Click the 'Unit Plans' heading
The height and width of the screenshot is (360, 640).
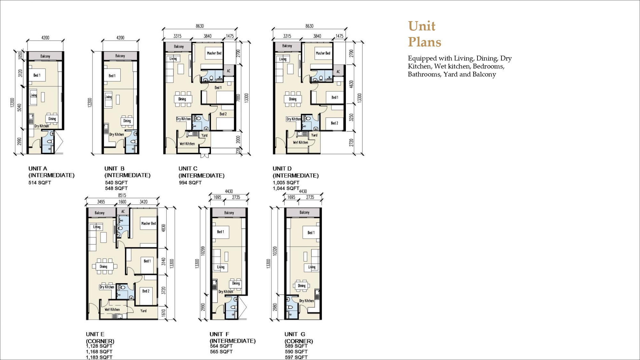tap(425, 34)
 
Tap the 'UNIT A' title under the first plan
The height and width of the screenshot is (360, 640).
tap(38, 169)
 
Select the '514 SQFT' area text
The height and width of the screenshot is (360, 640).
tap(40, 183)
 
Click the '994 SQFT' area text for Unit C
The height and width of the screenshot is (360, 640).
tap(190, 183)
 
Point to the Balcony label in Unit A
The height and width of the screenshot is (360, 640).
tap(45, 56)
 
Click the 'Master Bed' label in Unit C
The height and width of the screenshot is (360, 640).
tap(214, 53)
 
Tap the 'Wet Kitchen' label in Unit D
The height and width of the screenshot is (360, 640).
tap(300, 142)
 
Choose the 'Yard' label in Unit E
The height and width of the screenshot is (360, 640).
tap(143, 311)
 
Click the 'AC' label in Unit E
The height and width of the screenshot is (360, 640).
tap(123, 212)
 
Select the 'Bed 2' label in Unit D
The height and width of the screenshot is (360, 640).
tap(334, 123)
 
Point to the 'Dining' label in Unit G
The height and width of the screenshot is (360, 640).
tap(302, 286)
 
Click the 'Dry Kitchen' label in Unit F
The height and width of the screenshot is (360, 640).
tap(226, 292)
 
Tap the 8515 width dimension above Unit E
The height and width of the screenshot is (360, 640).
tap(122, 195)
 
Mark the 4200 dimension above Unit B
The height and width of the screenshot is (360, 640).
tap(120, 38)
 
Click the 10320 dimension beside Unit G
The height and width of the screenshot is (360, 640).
tap(275, 251)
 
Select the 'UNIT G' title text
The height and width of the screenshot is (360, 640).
tap(295, 334)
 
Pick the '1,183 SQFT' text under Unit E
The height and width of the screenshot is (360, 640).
tap(99, 357)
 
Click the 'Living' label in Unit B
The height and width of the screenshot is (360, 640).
tap(108, 97)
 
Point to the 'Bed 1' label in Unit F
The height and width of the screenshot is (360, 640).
tap(220, 232)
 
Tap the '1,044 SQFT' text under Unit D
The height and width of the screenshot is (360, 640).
tap(286, 188)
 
